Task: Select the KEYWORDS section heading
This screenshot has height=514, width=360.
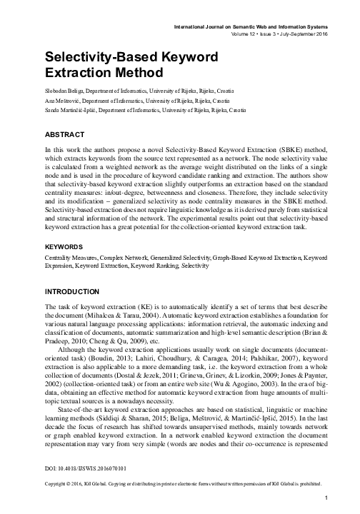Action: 65,246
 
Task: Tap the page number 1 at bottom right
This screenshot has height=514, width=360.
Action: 326,497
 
